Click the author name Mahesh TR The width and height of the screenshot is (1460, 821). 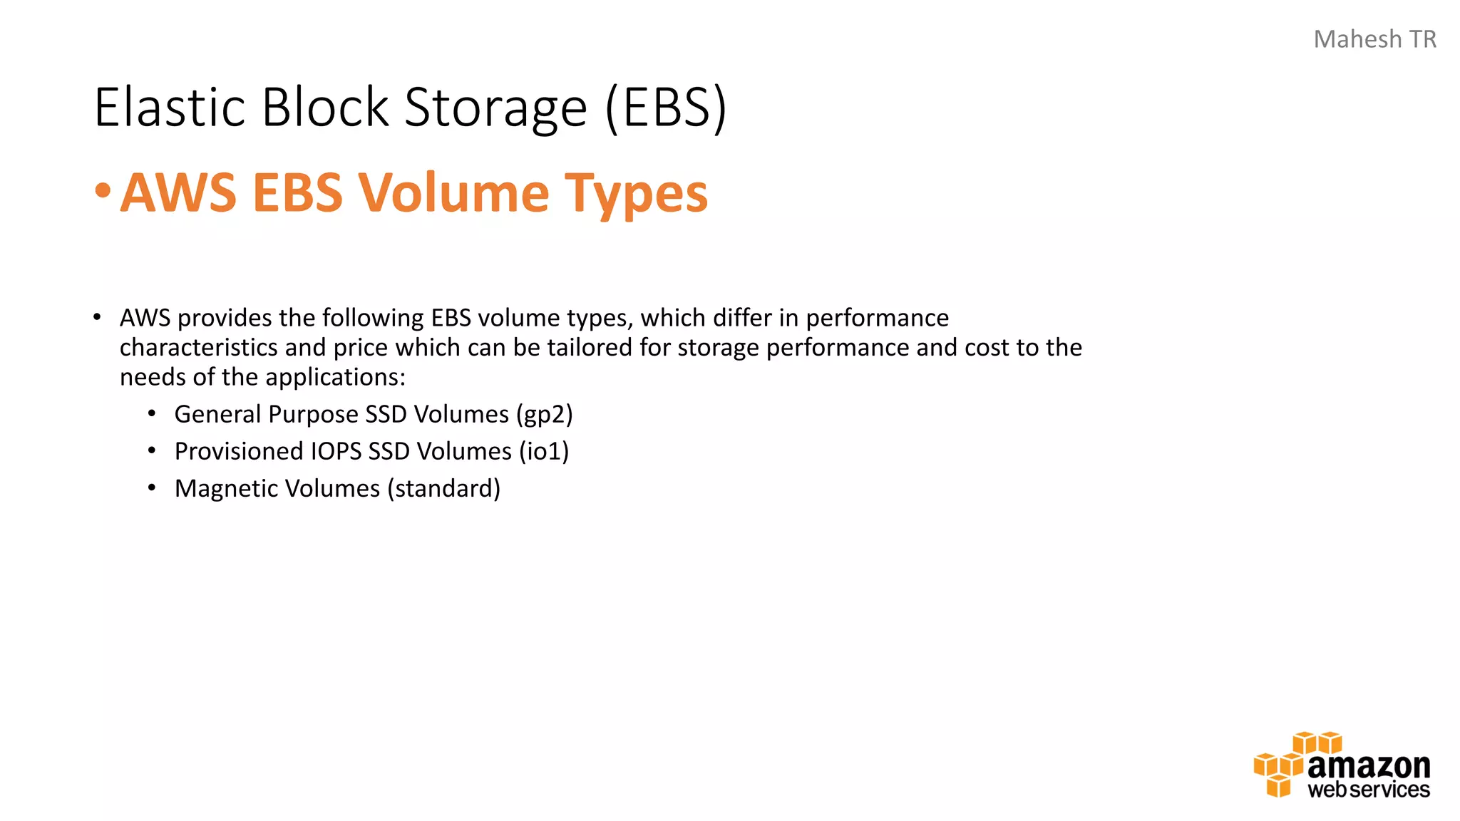pyautogui.click(x=1374, y=39)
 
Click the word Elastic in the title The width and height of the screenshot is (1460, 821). pyautogui.click(x=170, y=108)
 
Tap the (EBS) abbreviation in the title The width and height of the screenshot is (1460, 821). pyautogui.click(x=666, y=108)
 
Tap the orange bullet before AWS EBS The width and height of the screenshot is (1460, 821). pyautogui.click(x=103, y=190)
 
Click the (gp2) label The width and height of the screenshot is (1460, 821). pyautogui.click(x=545, y=415)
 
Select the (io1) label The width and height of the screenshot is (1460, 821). pyautogui.click(x=544, y=451)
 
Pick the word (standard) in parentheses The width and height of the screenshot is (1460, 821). pyautogui.click(x=444, y=489)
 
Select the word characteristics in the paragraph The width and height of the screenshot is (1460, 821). pyautogui.click(x=198, y=348)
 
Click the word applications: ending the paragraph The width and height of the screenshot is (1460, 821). pyautogui.click(x=334, y=377)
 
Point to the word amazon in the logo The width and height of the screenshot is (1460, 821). pyautogui.click(x=1368, y=766)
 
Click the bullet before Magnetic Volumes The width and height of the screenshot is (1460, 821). pyautogui.click(x=152, y=488)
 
